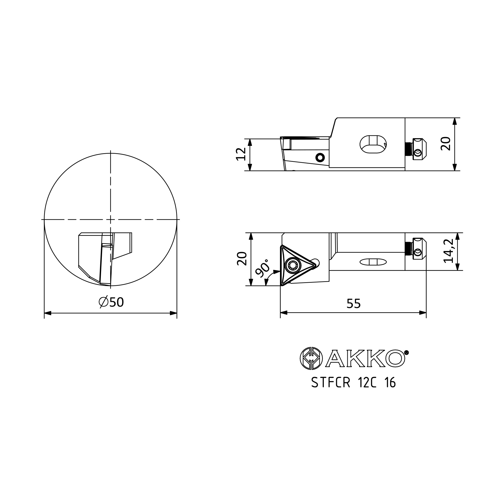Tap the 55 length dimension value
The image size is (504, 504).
coord(354,304)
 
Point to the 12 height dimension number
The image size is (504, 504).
coord(241,154)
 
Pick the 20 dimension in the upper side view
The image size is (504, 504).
coord(446,143)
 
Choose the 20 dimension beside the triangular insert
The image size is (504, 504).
coord(242,259)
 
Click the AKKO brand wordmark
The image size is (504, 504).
coord(365,359)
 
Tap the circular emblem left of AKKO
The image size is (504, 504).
coord(311,358)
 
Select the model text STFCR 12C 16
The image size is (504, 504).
coord(354,383)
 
